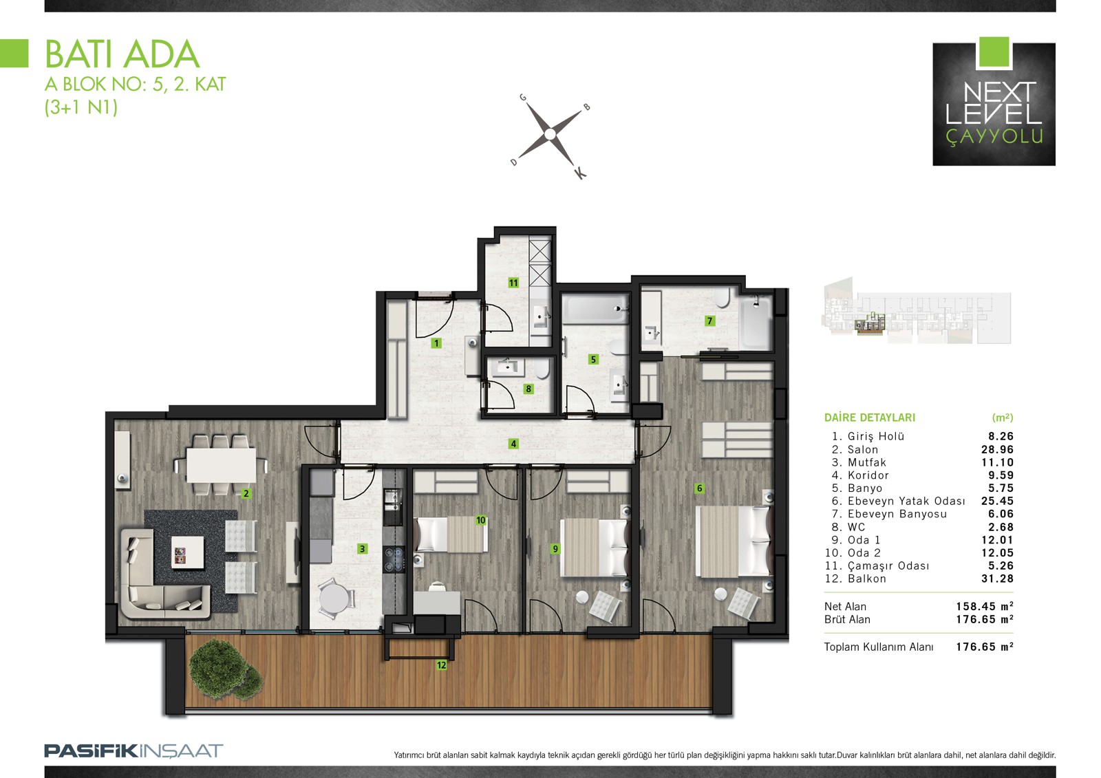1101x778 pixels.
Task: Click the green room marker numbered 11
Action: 513,283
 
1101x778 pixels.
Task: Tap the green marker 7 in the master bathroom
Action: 709,321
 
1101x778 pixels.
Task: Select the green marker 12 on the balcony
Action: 441,665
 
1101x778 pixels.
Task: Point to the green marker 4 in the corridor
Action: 513,444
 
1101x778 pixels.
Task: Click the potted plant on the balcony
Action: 225,668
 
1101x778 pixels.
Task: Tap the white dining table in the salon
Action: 221,465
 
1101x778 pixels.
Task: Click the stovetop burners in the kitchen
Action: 394,559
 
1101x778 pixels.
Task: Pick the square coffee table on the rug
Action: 187,552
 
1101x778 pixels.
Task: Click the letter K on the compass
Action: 580,173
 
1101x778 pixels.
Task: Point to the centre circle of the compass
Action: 550,133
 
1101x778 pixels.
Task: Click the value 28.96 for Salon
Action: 997,449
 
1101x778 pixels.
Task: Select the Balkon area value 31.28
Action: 997,579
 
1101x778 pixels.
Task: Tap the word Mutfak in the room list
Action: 867,462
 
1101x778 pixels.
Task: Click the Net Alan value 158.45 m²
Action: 985,606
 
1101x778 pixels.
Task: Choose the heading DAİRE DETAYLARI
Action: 870,418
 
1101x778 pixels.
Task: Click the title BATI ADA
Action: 122,54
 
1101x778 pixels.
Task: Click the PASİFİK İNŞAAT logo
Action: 133,751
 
